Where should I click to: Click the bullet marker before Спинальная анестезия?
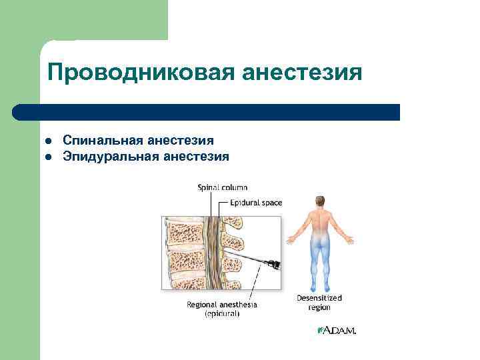click(49, 141)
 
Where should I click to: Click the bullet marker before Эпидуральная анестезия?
click(49, 157)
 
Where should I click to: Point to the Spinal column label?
click(222, 188)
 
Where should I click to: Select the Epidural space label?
click(256, 202)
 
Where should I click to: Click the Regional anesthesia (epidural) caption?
click(222, 308)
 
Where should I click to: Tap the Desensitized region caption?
click(319, 303)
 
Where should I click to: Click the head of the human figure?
click(321, 201)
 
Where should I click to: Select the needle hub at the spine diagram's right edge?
click(273, 265)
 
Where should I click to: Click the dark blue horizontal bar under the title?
click(207, 112)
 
